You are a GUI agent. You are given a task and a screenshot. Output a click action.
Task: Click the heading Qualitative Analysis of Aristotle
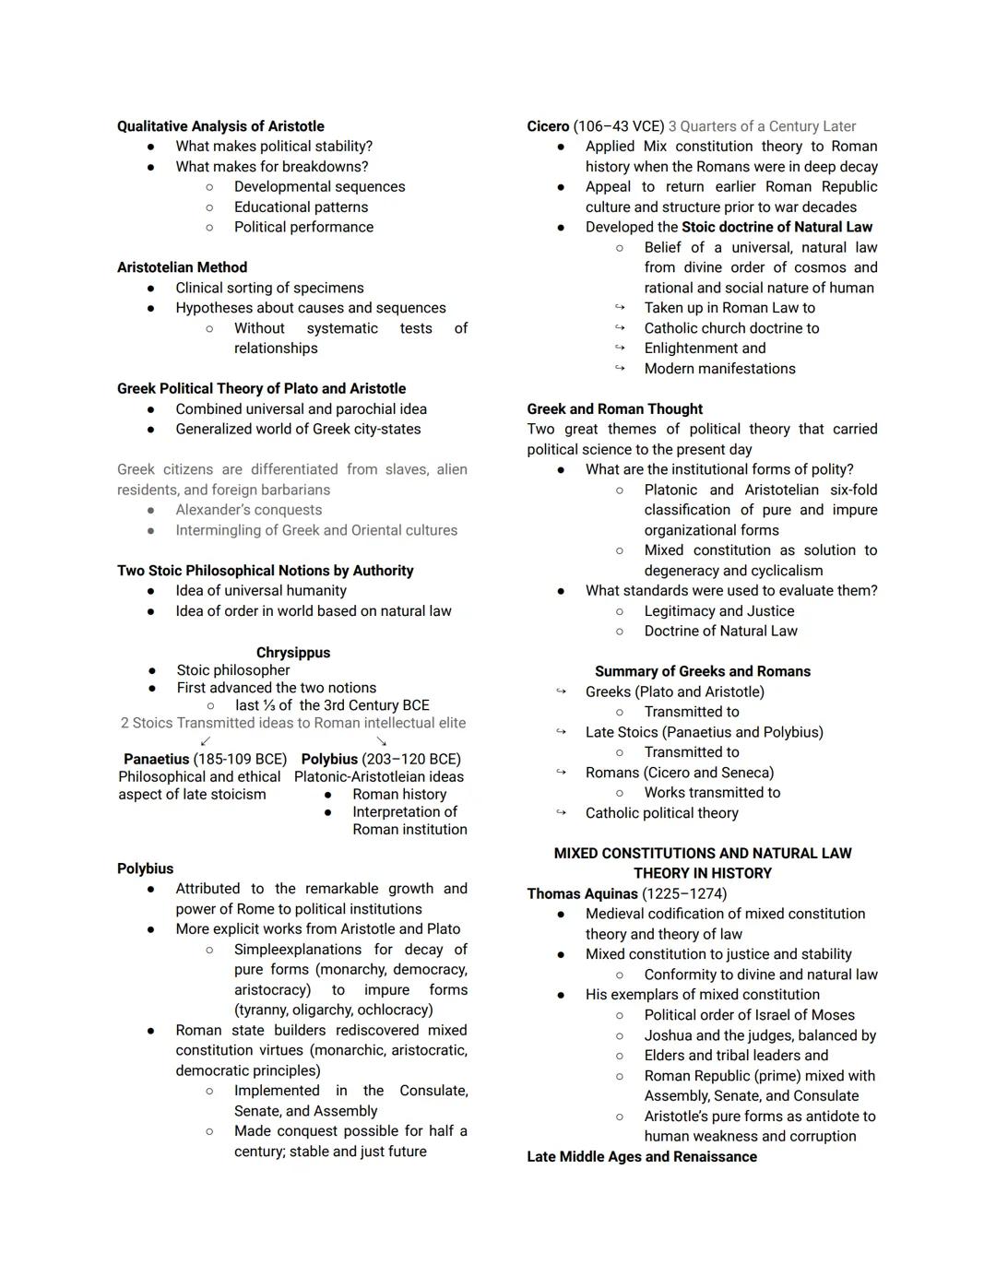220,126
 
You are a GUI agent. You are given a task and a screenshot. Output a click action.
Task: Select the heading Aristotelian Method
182,267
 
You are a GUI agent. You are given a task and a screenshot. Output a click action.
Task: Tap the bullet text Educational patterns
301,207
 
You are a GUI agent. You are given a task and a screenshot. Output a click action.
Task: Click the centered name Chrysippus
293,653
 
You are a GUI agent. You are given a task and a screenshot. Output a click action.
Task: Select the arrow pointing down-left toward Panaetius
206,740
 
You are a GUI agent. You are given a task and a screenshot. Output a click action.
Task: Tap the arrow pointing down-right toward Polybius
381,740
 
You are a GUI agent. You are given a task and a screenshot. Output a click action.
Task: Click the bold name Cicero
548,126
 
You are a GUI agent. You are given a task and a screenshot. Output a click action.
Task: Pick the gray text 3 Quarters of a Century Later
762,126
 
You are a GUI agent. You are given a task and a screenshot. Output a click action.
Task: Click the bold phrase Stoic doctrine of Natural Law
777,228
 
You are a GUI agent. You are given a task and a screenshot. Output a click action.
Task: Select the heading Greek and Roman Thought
614,409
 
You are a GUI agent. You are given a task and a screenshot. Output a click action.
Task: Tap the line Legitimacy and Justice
719,611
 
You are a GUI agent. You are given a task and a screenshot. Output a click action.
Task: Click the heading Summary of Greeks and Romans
703,671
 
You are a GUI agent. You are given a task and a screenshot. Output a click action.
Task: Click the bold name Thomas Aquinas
582,894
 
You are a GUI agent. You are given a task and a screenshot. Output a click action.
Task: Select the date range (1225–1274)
684,894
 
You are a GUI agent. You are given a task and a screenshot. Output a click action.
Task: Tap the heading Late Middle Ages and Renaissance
642,1157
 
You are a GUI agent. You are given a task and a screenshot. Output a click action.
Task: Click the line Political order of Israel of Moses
749,1015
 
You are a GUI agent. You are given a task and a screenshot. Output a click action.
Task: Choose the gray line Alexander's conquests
249,511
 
